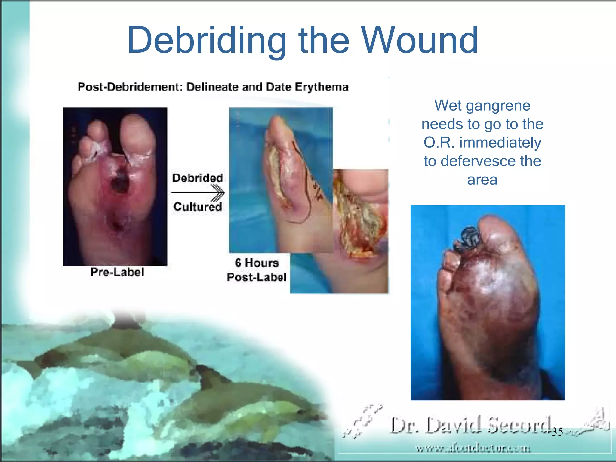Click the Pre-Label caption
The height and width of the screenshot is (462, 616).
(117, 272)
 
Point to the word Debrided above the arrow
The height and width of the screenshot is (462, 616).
(198, 178)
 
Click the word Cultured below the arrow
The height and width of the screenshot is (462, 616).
(198, 207)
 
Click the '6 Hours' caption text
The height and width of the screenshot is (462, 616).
(257, 263)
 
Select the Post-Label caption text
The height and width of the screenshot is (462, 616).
(257, 277)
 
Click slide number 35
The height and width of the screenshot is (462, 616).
(557, 432)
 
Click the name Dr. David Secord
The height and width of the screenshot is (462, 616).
(471, 426)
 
